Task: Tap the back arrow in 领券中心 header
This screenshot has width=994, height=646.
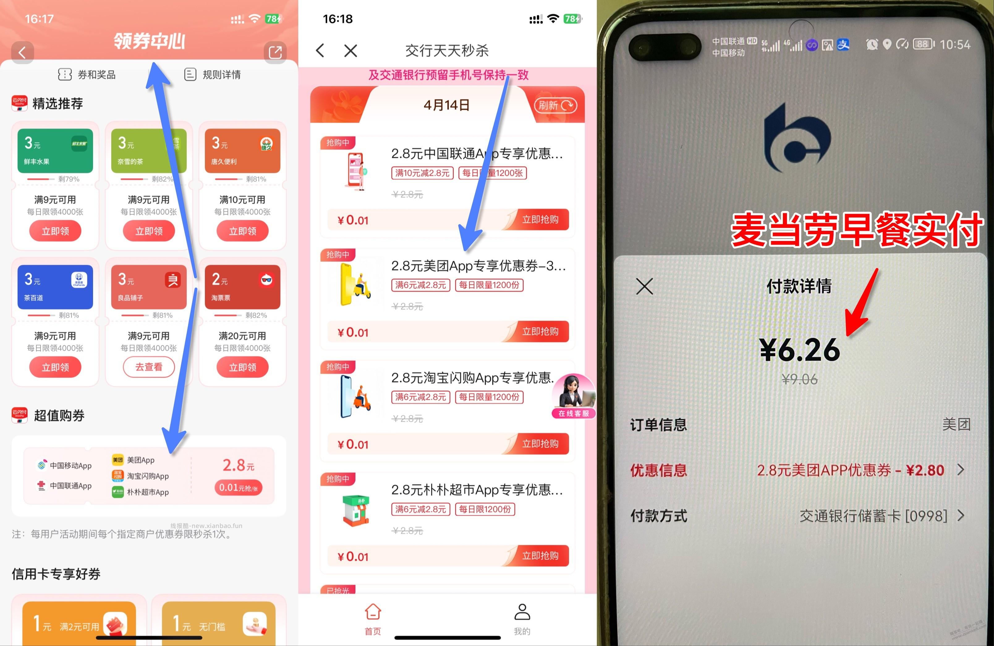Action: pos(22,53)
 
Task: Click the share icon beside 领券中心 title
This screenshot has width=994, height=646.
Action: pos(275,53)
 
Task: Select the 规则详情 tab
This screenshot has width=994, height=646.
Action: pos(213,75)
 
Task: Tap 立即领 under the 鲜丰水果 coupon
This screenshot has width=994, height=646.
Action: pos(55,231)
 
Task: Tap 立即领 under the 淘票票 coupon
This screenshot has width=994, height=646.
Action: pos(242,367)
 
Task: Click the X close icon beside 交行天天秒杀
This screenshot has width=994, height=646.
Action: pos(350,51)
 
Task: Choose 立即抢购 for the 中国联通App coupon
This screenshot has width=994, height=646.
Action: pos(540,220)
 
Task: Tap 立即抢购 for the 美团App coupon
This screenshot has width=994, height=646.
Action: pos(540,331)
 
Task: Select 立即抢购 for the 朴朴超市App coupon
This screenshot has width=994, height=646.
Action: pos(540,556)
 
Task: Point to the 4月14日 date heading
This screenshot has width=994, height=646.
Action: pos(446,105)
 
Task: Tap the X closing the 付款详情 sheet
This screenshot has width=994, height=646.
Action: pos(644,286)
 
